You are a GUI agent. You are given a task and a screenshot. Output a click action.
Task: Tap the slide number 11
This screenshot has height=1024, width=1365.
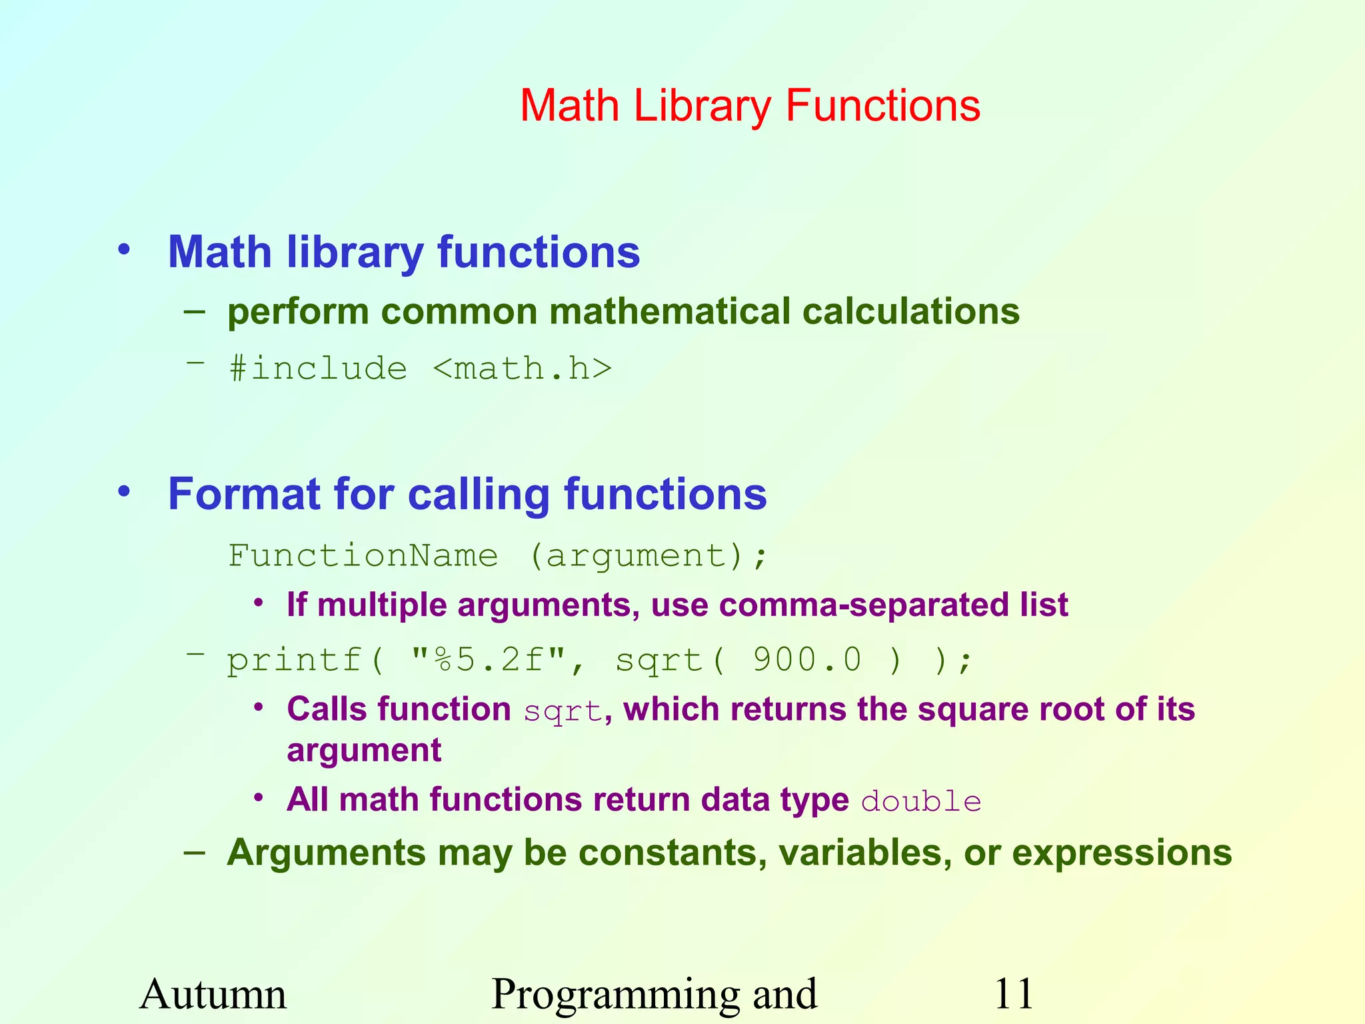tap(1013, 994)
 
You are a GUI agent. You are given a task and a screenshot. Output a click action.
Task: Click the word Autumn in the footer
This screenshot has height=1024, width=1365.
tap(213, 994)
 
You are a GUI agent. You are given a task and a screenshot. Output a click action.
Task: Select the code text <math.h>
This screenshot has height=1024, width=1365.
tap(522, 369)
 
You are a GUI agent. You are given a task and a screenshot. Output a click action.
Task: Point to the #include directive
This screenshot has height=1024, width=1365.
tap(318, 369)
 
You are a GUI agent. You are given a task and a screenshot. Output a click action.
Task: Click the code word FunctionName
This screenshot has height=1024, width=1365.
tap(363, 555)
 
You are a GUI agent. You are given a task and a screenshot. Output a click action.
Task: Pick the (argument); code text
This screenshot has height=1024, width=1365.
tap(649, 555)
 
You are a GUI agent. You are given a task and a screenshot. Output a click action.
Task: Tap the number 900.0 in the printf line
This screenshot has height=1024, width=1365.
tap(807, 660)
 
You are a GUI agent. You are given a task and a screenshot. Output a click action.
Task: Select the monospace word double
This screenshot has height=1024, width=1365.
tap(921, 801)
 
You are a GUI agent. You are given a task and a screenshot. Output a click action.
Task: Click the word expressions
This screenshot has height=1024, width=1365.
tap(1122, 853)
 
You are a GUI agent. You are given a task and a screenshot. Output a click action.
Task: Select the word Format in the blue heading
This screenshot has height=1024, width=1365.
tap(244, 494)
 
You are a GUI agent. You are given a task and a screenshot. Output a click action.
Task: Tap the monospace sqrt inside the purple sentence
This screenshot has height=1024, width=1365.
tap(563, 711)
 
